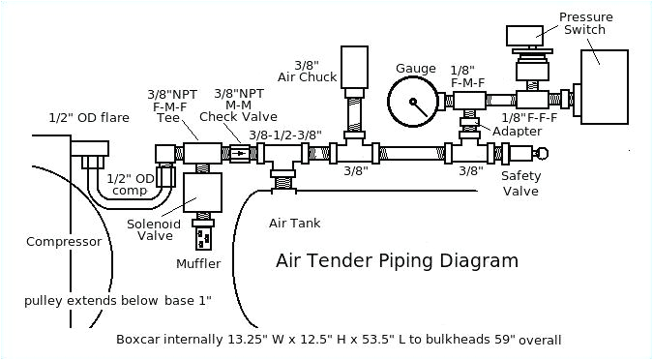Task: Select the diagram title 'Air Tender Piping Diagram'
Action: click(397, 260)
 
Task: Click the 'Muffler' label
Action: click(198, 263)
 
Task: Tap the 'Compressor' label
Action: click(64, 242)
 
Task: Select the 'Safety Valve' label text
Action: click(521, 183)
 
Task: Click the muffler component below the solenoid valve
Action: click(204, 237)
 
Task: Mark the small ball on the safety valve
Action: click(542, 152)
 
